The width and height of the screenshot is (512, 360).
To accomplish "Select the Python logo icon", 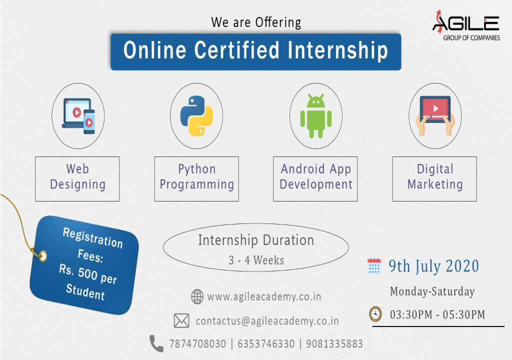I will coord(196,116).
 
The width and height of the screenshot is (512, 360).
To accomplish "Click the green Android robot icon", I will coord(315,116).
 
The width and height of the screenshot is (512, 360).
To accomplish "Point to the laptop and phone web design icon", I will coord(78,115).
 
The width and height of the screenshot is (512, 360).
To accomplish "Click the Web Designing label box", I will coord(77,178).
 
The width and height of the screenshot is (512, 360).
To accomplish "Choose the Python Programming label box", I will coord(196,178).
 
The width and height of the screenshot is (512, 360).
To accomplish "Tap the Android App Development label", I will coord(315,178).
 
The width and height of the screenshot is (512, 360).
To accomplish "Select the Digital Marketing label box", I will coord(434,178).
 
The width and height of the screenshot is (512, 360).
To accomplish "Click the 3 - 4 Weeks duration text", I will coord(256,260).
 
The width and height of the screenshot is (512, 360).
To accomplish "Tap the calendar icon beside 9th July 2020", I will coord(374,265).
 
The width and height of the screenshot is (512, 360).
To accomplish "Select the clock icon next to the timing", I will coord(375,314).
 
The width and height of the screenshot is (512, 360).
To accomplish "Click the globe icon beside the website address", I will coord(197,297).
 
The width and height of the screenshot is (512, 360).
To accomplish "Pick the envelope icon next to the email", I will coord(181,321).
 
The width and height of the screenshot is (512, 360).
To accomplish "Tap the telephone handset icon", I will coord(156,343).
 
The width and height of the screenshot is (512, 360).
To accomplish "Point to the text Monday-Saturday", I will coord(432,291).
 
